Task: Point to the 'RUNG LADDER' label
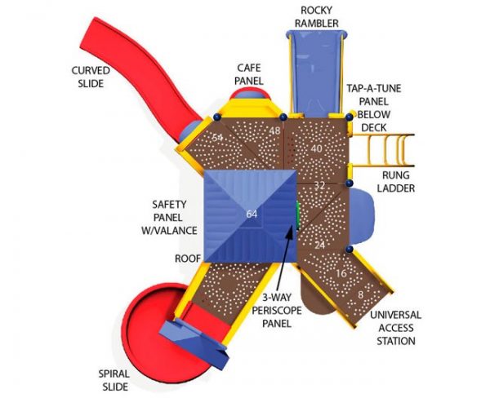coord(396,181)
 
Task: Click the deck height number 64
coord(252,214)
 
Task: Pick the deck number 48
coord(274,131)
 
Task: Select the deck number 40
coord(316,148)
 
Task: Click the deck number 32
coord(319,186)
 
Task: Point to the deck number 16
coord(341,273)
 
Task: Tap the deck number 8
coord(360,294)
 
